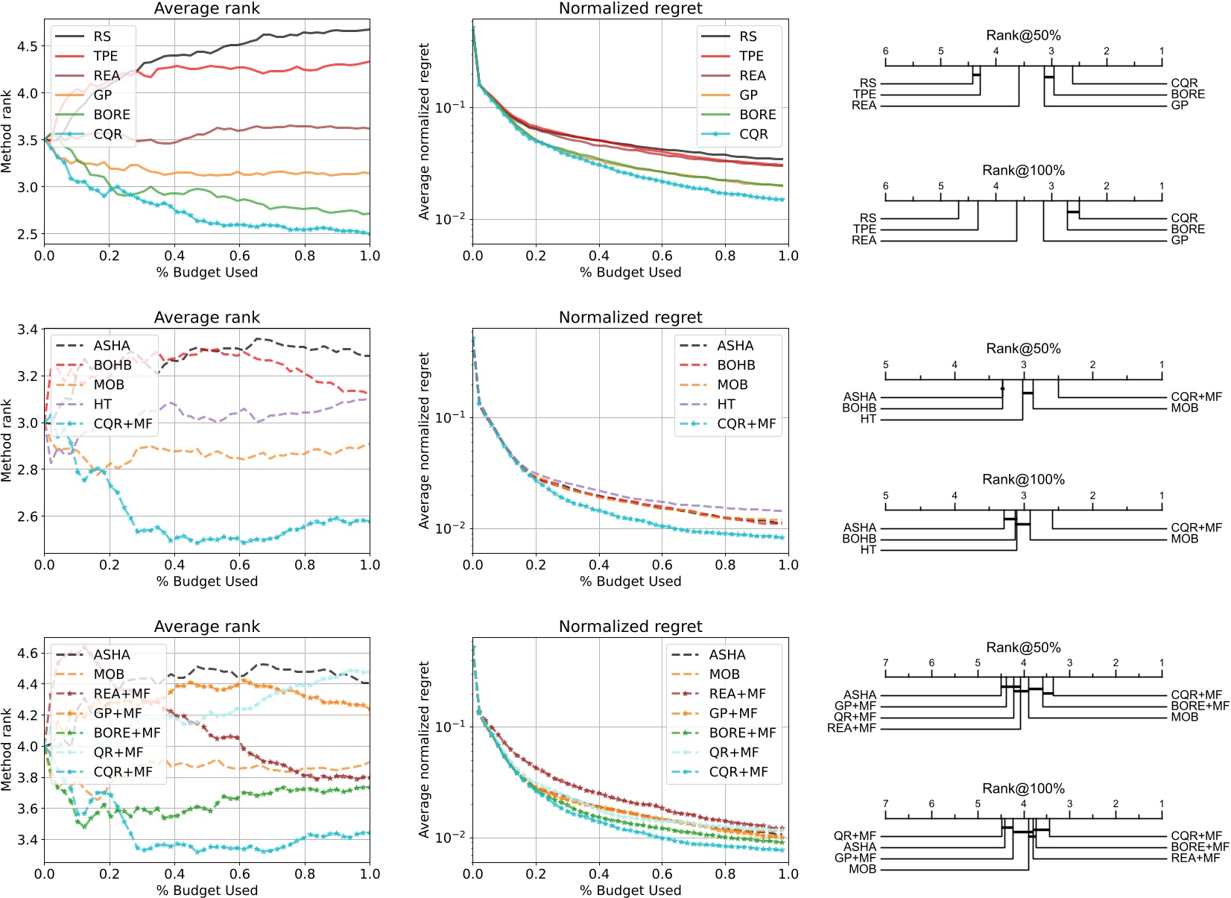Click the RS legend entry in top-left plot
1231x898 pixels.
click(x=102, y=37)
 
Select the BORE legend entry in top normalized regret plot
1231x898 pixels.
click(x=757, y=115)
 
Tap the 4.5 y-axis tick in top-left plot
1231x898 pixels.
click(x=27, y=46)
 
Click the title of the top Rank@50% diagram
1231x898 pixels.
click(x=1023, y=35)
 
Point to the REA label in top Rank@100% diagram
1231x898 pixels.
click(x=864, y=240)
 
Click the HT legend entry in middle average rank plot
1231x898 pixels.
click(x=102, y=404)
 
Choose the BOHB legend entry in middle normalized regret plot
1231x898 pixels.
click(x=735, y=365)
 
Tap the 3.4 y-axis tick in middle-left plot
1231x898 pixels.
click(x=27, y=329)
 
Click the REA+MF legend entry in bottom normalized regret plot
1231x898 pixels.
click(x=737, y=694)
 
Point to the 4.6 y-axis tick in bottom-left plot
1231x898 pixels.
click(x=27, y=654)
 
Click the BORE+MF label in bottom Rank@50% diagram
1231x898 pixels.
click(x=1200, y=706)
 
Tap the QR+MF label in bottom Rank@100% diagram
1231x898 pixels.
click(x=855, y=836)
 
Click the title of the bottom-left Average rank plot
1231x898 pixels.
click(x=206, y=627)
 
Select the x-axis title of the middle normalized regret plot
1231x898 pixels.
click(x=630, y=581)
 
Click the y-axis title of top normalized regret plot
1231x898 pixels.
click(x=424, y=131)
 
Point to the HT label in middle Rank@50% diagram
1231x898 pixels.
click(x=868, y=419)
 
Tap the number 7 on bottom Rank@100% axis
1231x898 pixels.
click(x=885, y=804)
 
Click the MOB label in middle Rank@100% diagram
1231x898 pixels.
click(x=1184, y=539)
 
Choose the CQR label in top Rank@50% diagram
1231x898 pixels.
click(x=1184, y=83)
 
